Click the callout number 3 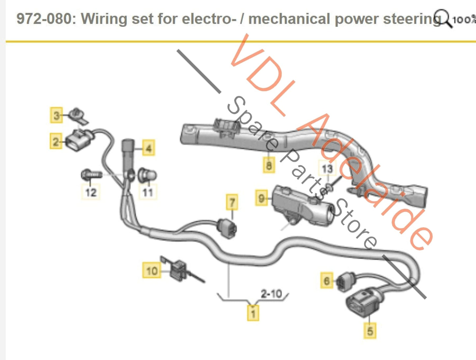point(56,115)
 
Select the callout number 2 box point(56,141)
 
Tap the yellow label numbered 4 point(149,148)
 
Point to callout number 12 point(91,192)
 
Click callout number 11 point(148,192)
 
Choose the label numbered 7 point(232,202)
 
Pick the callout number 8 point(269,164)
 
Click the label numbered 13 point(327,169)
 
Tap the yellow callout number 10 point(152,270)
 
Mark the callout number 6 point(326,280)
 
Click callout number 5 point(370,330)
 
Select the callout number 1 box point(253,313)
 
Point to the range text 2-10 point(271,293)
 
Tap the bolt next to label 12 point(91,174)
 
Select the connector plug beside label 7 point(228,228)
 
